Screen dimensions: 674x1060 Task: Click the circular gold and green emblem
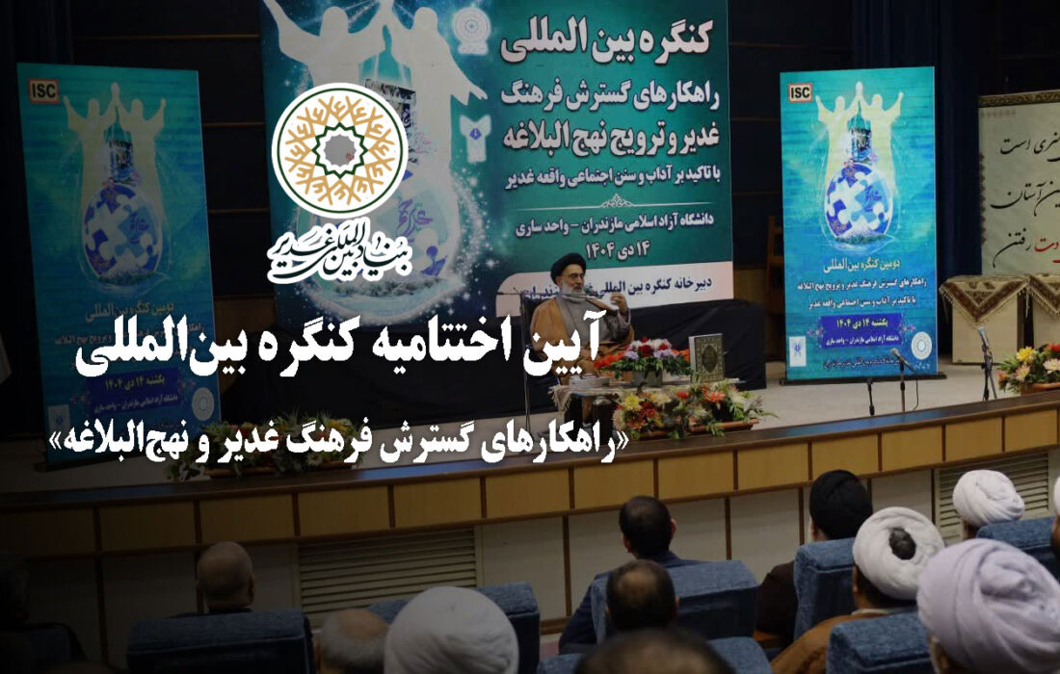click(x=339, y=150)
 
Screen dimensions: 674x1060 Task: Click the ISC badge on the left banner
click(x=43, y=91)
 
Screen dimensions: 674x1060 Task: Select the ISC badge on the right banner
click(x=800, y=92)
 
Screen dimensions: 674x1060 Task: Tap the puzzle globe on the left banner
click(x=121, y=227)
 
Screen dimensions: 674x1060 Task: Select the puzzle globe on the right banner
click(x=859, y=200)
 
